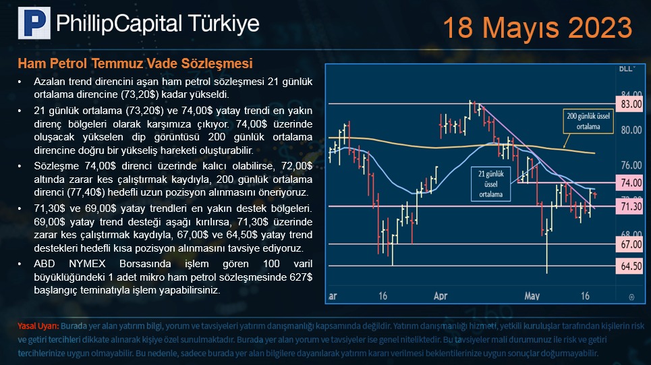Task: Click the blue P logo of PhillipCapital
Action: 34,23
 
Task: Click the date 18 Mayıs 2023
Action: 538,28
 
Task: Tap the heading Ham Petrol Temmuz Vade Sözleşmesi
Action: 136,63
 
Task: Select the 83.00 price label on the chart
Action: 631,104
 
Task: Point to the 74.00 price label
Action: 631,183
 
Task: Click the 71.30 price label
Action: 631,206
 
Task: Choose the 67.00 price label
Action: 631,244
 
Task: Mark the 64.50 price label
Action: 631,266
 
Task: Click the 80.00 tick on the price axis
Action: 631,130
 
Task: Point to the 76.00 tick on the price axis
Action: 631,165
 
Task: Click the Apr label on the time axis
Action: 441,296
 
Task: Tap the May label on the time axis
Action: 532,296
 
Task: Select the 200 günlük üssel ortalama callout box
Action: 588,121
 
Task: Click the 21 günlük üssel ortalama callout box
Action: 490,184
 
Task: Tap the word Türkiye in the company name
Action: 223,23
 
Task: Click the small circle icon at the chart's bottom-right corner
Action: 631,297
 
